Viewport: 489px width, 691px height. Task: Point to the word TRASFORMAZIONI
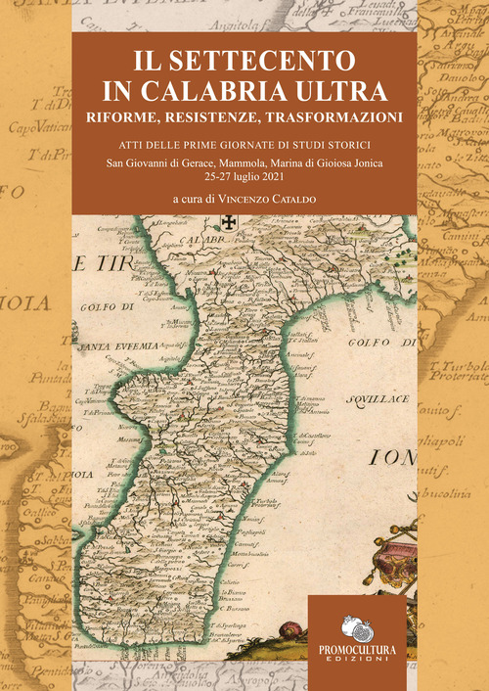[336, 117]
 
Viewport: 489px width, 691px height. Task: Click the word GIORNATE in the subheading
[250, 146]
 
